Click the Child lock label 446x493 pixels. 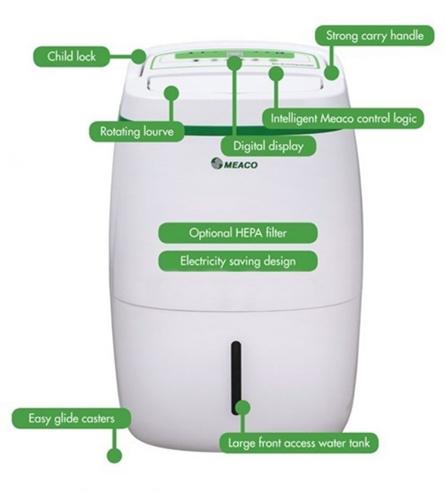tap(72, 56)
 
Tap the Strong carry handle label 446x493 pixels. tap(374, 35)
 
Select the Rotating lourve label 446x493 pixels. tap(137, 131)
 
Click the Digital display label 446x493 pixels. tap(268, 146)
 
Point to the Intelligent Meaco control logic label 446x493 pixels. tap(343, 119)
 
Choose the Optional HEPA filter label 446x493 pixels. tap(238, 233)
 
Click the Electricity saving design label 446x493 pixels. tap(238, 261)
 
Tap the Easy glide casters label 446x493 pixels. tap(72, 418)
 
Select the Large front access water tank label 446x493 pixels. tap(299, 443)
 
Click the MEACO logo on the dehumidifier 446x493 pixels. tap(234, 164)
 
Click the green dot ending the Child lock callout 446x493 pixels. tap(139, 56)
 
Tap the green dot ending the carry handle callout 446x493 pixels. tap(332, 72)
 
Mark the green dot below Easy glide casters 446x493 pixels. tap(114, 455)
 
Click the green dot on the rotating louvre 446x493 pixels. tap(171, 93)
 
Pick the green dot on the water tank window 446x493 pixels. tap(242, 407)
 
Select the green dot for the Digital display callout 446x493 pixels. tap(235, 62)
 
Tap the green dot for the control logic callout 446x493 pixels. tap(276, 74)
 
